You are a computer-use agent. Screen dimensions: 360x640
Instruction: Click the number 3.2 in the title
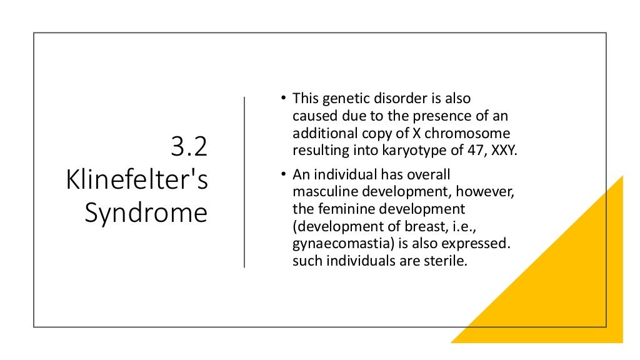pos(189,149)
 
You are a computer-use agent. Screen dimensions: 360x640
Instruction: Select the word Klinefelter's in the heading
pos(137,181)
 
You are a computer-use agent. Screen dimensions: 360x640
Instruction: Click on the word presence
pos(431,116)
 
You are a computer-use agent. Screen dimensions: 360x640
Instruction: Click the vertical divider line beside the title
pos(244,182)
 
